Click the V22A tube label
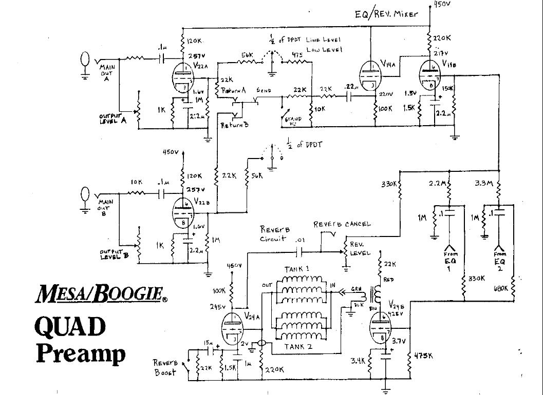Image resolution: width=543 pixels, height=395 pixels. [200, 66]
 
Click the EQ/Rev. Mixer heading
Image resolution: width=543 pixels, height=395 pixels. [390, 15]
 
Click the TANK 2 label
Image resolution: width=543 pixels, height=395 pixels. [300, 347]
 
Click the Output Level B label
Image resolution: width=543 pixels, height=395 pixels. [114, 253]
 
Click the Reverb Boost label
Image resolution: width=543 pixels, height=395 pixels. [166, 367]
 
